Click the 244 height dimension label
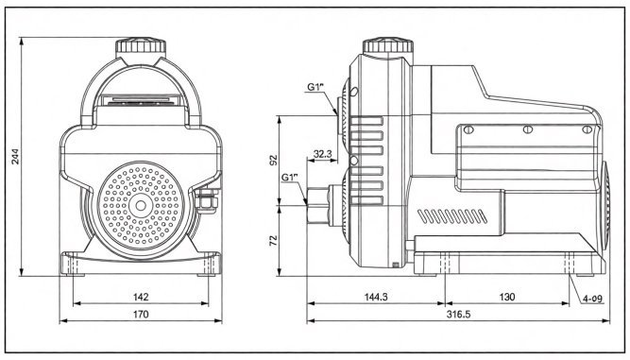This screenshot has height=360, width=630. (15, 156)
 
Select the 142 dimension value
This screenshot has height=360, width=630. (141, 297)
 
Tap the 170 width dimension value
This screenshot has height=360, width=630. (141, 314)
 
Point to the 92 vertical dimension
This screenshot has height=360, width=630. (274, 160)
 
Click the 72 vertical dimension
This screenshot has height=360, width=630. (274, 241)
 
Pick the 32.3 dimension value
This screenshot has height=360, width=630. (322, 153)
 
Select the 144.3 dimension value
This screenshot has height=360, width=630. (376, 297)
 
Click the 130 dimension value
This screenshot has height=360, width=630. (506, 297)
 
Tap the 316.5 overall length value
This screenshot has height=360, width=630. (458, 314)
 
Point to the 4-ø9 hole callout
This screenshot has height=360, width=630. (592, 299)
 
